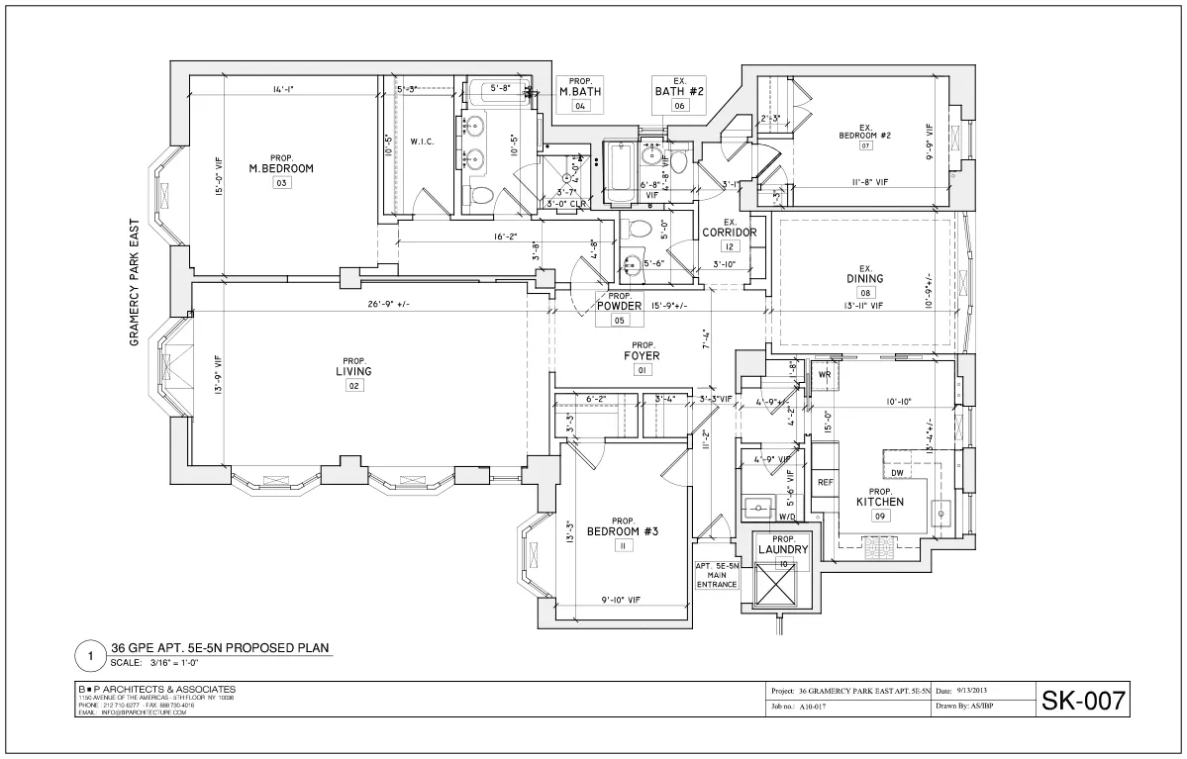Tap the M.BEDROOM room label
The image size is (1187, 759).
280,168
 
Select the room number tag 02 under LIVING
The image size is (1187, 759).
352,386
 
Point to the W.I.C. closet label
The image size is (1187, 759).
423,142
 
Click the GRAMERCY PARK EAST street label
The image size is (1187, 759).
135,283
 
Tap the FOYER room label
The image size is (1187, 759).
642,355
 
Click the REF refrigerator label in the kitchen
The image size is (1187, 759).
824,482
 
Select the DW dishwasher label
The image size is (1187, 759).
896,473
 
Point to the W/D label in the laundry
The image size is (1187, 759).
787,517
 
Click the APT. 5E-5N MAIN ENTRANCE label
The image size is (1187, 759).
717,575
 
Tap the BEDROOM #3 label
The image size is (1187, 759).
623,531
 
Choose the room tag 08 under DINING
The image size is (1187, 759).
864,293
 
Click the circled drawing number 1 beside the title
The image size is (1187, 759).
90,655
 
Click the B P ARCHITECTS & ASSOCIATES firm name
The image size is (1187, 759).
156,689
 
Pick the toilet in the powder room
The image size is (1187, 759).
640,230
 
